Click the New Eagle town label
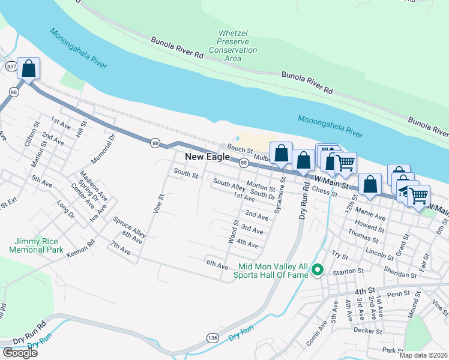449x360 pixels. click(x=207, y=157)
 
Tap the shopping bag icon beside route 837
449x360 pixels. click(x=28, y=69)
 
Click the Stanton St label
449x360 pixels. click(x=346, y=271)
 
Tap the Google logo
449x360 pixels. click(x=19, y=353)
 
